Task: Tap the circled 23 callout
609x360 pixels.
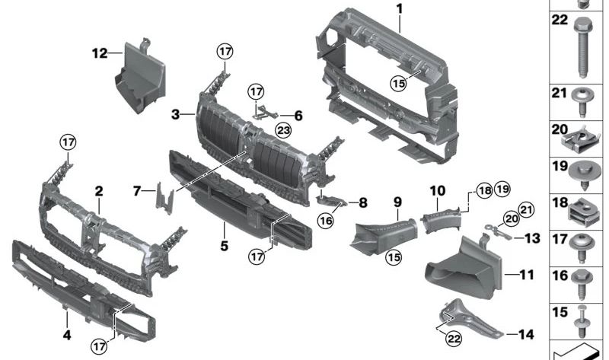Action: [x=283, y=129]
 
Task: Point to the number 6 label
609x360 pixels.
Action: [x=298, y=116]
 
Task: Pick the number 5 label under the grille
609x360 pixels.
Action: [x=224, y=225]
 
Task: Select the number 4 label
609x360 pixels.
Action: [x=67, y=335]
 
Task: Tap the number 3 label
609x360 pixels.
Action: [x=176, y=115]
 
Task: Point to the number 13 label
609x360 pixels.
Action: [x=532, y=239]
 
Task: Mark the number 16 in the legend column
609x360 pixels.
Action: [x=560, y=276]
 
